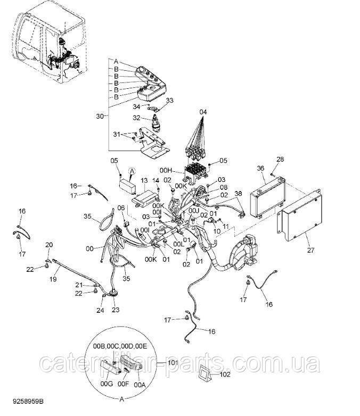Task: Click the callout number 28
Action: coord(280,160)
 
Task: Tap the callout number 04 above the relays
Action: coord(203,112)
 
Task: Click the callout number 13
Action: coord(144,181)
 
